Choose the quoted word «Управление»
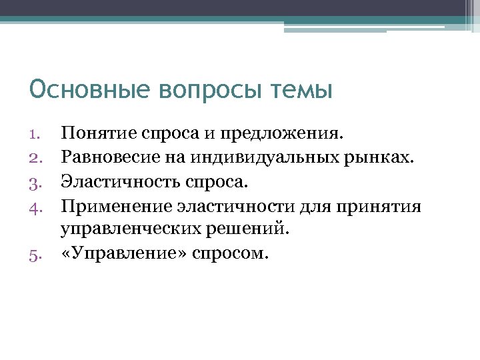122,254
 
